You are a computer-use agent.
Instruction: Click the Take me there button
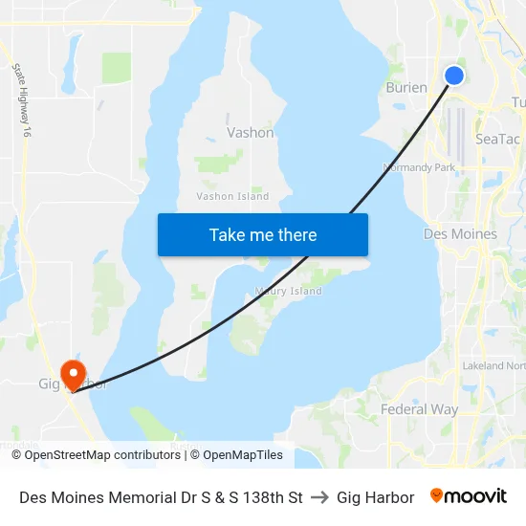click(263, 234)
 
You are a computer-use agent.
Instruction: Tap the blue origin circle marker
click(454, 75)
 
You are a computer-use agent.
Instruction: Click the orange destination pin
click(73, 372)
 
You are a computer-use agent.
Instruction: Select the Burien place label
click(406, 87)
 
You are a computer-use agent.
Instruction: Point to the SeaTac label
click(497, 139)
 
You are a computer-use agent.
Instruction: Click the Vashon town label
click(251, 133)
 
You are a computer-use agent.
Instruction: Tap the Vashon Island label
click(232, 196)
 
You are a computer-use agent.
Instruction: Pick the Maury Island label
click(289, 291)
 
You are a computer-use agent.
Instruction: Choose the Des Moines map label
click(460, 233)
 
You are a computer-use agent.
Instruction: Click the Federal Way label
click(419, 409)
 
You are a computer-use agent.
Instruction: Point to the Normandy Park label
click(419, 167)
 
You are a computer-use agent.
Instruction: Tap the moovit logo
click(469, 496)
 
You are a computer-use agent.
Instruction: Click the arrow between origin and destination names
click(319, 497)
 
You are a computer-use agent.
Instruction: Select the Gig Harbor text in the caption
click(376, 497)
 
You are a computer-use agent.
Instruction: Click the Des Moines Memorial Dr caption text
click(161, 497)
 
